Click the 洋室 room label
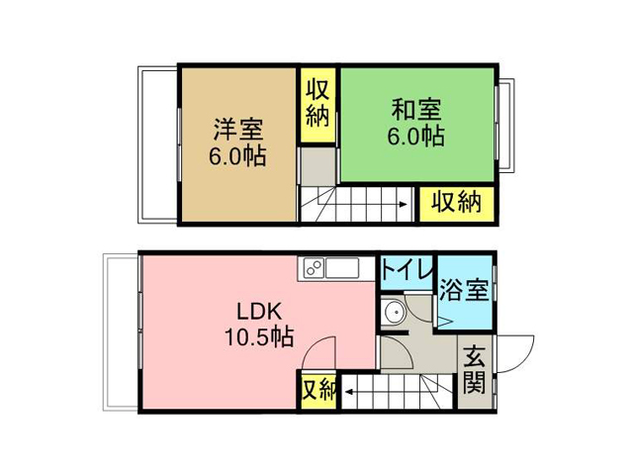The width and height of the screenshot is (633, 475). pos(238,129)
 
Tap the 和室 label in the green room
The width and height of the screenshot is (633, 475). pos(416,109)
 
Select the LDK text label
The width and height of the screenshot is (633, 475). pos(259,312)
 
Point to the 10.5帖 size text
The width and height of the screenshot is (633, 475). pos(259,336)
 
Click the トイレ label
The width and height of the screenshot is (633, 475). pos(407,269)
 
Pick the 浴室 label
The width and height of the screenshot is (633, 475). pos(464,290)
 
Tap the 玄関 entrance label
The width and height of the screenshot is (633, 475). pos(474,369)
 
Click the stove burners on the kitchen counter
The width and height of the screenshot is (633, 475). pos(314,268)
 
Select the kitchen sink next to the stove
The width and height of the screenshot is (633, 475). pos(342,268)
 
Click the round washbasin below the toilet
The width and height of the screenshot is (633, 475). pos(394,312)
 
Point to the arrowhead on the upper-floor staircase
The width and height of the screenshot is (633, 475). pos(404,205)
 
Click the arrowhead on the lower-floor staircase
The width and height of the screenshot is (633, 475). pos(348,392)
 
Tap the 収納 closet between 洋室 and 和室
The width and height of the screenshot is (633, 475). pos(317,104)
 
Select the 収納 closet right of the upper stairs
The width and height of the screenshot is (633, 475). pos(457,204)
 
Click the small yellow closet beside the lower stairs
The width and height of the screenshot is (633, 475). pos(318,391)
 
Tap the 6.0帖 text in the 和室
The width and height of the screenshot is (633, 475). pos(416,137)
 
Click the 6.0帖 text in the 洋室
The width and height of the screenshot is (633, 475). pos(237,156)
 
